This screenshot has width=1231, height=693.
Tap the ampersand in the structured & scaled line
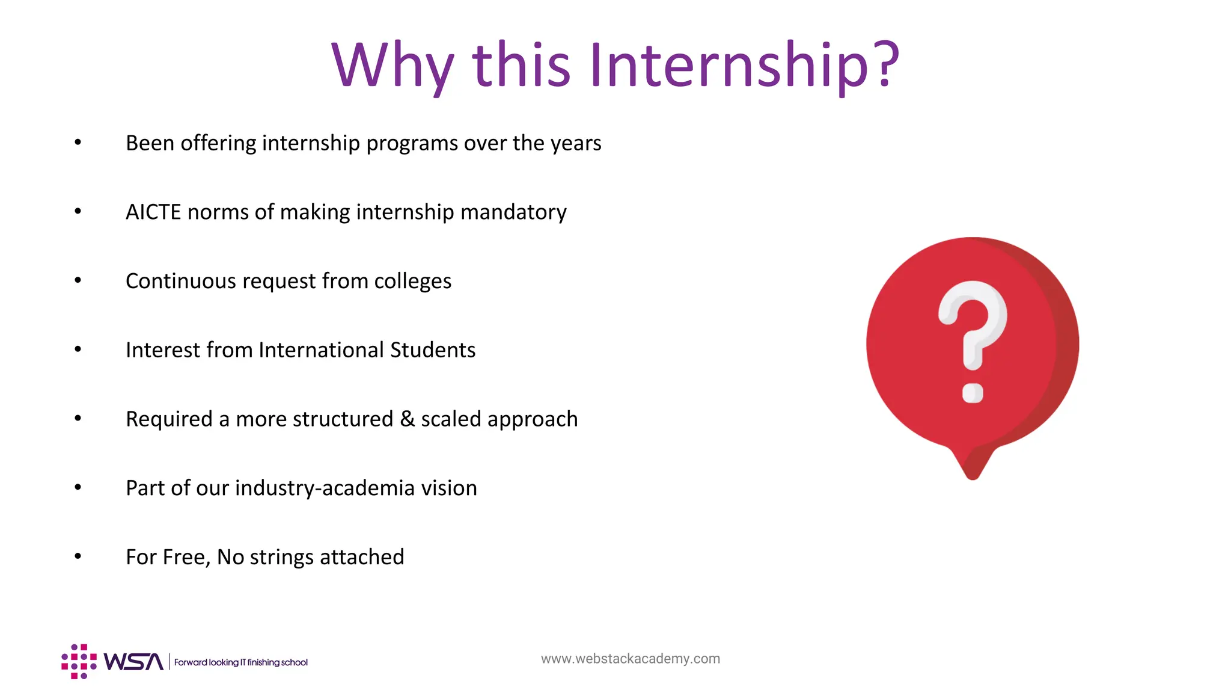click(408, 419)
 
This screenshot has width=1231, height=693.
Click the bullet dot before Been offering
click(78, 143)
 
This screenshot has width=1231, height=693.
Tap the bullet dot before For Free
click(78, 556)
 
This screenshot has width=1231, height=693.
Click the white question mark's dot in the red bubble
click(973, 393)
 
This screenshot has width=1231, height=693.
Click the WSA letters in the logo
click(133, 662)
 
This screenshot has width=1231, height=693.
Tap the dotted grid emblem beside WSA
click(79, 662)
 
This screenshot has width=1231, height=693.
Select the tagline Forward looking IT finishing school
click(240, 662)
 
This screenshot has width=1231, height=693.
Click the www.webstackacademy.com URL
click(630, 659)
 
